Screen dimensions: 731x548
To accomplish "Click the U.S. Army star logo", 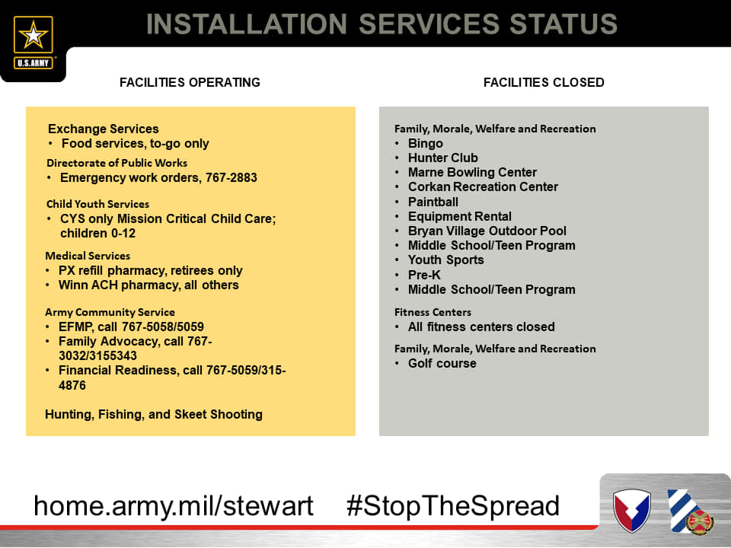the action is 33,42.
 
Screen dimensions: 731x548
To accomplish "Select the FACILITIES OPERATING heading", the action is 190,82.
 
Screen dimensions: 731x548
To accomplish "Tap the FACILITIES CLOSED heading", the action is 544,82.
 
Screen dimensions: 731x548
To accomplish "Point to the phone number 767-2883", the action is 231,177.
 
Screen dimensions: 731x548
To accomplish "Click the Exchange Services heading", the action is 104,129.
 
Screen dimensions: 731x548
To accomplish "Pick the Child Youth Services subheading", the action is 98,204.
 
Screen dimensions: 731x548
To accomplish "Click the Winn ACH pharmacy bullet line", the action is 148,285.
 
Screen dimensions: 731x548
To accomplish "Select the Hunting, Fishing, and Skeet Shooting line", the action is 154,414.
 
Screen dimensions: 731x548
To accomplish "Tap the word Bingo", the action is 425,144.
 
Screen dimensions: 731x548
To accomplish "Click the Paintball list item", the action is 433,202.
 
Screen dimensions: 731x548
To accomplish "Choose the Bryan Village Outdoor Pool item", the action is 487,231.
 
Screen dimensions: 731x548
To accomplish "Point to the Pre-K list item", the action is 424,275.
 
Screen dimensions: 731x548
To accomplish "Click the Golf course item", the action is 442,364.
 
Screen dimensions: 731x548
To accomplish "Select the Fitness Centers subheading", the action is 433,312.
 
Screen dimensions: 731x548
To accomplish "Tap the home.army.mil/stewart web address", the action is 174,506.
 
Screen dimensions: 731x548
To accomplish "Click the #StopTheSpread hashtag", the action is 452,506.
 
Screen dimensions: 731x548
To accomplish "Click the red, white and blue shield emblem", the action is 632,510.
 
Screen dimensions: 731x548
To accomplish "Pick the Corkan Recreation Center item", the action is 483,187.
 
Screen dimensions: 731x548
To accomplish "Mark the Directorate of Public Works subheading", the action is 117,163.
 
